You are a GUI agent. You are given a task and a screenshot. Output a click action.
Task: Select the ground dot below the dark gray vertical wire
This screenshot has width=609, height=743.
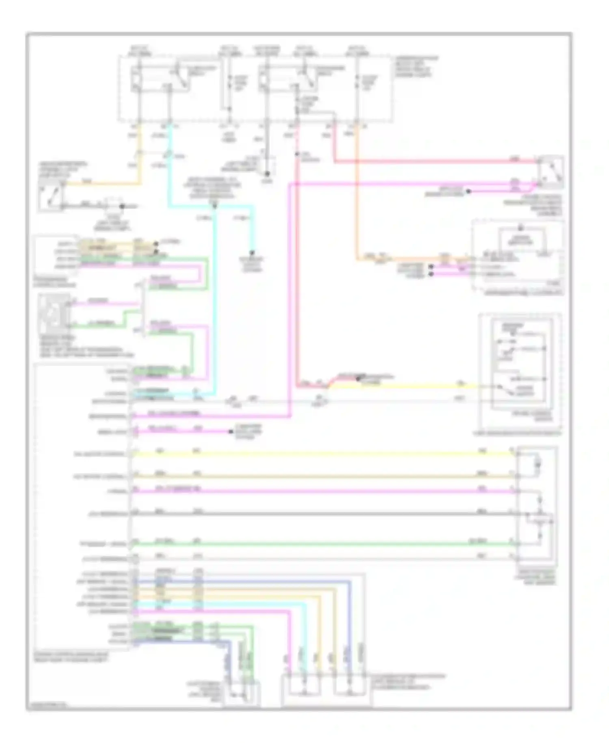point(267,174)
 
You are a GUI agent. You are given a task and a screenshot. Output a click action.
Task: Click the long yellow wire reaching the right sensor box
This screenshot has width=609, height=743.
point(321,454)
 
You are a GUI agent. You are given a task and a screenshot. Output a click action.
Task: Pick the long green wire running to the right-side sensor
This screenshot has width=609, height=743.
point(321,544)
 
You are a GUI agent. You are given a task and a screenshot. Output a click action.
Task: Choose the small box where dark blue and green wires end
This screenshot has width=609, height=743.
point(242,694)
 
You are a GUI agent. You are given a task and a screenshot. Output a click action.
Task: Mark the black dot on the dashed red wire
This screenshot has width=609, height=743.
point(298,154)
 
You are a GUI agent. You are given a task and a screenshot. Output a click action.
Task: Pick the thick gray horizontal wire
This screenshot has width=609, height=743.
point(321,514)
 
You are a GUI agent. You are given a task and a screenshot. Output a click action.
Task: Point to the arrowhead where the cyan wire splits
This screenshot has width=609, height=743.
point(214,206)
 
